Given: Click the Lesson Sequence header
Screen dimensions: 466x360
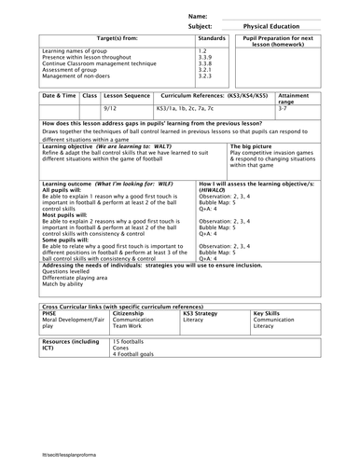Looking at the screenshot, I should point(129,96).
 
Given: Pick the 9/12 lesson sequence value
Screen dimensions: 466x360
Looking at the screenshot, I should point(117,109).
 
